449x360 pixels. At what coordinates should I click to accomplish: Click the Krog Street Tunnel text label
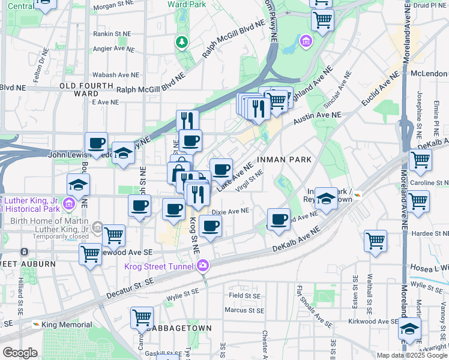(x=160, y=266)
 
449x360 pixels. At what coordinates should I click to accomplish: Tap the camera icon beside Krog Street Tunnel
(x=203, y=265)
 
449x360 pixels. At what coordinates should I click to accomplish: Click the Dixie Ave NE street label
(x=231, y=211)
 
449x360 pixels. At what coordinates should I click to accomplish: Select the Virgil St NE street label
(x=250, y=181)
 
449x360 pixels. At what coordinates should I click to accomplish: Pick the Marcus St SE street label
(x=244, y=310)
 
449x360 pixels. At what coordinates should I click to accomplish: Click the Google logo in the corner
(x=20, y=353)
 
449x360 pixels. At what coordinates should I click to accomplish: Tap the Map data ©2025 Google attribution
(x=411, y=355)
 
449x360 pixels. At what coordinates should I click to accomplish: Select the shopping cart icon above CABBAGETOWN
(x=142, y=317)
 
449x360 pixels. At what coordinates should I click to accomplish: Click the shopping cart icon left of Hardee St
(x=375, y=240)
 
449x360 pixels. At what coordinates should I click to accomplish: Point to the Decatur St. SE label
(x=131, y=288)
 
